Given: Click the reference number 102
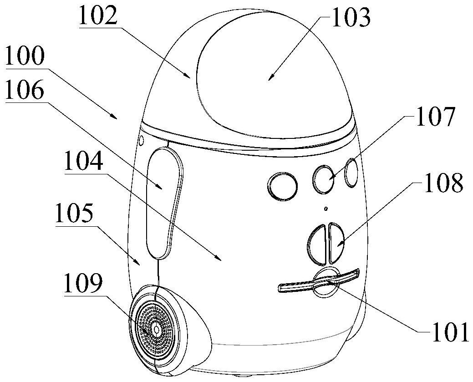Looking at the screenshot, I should tap(98, 16).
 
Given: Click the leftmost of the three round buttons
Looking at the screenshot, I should tap(283, 186).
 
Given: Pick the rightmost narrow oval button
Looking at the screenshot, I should tap(351, 173).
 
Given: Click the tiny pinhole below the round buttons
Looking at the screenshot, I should tap(325, 209).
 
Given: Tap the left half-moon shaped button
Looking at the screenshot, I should tap(316, 244).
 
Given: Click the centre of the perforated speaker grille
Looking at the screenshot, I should tap(156, 328).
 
